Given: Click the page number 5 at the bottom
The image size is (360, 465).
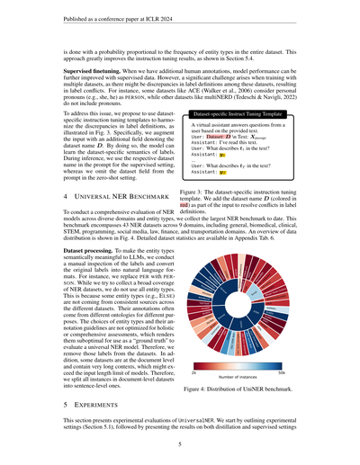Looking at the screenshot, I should pyautogui.click(x=180, y=443).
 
